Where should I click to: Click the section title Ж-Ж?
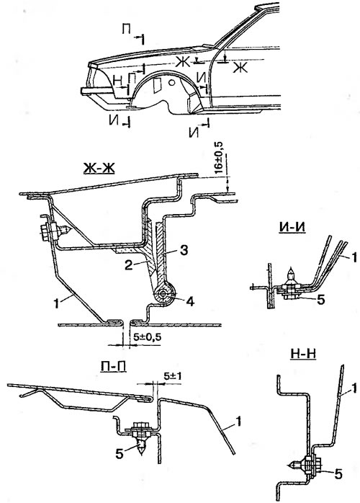[x=99, y=168]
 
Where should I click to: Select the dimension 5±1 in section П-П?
[x=173, y=376]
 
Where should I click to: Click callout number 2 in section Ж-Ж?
[x=129, y=265]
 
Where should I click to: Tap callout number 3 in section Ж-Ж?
[x=183, y=251]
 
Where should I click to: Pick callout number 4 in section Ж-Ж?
[x=190, y=301]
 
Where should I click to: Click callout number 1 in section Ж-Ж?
[x=56, y=303]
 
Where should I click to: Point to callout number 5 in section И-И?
[x=321, y=300]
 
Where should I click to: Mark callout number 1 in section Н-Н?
[x=354, y=389]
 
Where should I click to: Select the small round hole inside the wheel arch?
[x=172, y=82]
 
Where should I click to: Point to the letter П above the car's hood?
[x=126, y=30]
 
